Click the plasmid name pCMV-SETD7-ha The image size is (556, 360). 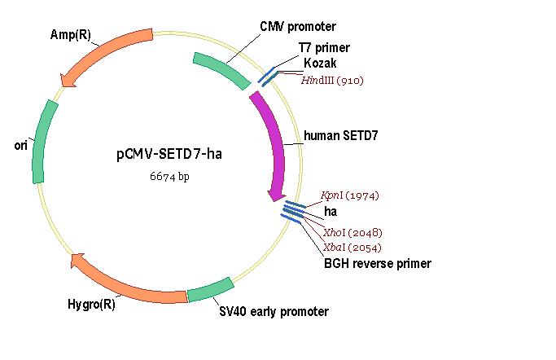coord(169,154)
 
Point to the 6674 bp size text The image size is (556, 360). coord(169,176)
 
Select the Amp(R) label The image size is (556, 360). coord(71,34)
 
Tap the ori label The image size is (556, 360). coord(20,146)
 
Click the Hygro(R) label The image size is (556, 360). coord(91,304)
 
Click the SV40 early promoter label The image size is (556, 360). coord(274,311)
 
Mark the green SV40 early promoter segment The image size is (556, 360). coord(211,290)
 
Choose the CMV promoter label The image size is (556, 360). coord(298,26)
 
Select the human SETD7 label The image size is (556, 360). coord(341,135)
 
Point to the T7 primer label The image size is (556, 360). coord(324,48)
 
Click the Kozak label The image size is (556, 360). coord(320,64)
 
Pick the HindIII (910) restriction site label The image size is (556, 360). coord(332,81)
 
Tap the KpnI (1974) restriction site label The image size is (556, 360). coord(349,195)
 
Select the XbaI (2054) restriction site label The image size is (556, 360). coord(352,248)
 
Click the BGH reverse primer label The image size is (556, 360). coord(378,264)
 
